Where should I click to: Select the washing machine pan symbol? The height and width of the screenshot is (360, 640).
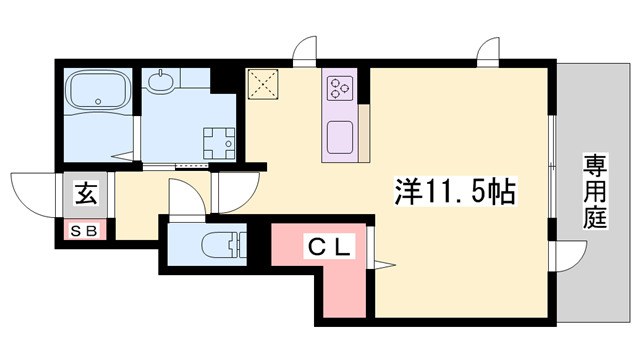pos(219,143)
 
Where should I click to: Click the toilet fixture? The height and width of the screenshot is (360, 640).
pos(224,245)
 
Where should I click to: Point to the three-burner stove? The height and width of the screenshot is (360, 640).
pos(339,88)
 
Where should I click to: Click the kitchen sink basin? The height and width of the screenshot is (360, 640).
pos(340,137)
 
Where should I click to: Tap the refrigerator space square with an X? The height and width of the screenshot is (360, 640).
pos(263,84)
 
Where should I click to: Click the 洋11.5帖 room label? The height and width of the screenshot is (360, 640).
pos(455,191)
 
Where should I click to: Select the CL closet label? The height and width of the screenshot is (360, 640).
pos(329,247)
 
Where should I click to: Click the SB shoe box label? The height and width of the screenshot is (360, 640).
pos(84,231)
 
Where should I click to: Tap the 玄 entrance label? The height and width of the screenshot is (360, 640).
pos(86,194)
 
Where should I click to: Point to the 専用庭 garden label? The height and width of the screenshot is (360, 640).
pos(595,191)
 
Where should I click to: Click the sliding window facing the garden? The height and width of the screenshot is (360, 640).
pos(551,167)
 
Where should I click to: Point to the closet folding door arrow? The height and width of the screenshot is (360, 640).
pos(385,265)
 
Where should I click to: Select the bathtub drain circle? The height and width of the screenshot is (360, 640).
pos(98,101)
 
